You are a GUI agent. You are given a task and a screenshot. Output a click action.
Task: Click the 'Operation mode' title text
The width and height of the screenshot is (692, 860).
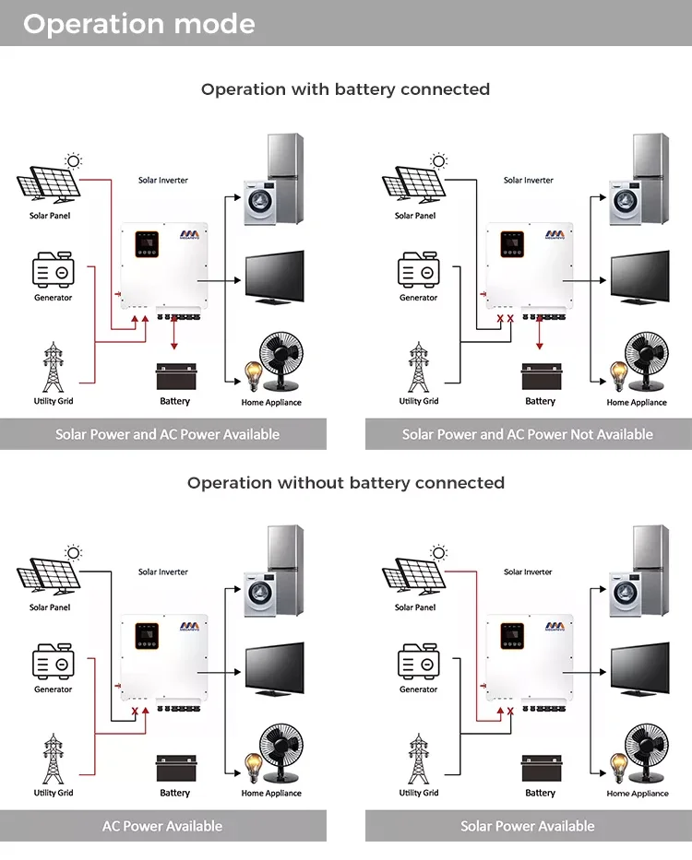[x=138, y=24]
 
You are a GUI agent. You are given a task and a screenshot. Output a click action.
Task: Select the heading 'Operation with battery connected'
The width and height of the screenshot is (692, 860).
[x=345, y=89]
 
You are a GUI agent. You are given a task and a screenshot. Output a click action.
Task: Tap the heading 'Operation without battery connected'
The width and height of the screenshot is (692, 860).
[x=345, y=483]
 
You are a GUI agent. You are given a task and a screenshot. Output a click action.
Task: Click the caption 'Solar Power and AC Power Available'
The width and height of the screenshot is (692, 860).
[x=167, y=434]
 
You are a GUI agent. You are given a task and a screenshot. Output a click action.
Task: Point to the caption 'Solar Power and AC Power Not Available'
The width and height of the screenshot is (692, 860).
[x=527, y=434]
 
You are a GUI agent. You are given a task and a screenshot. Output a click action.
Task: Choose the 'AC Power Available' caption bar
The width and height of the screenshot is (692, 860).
[x=162, y=826]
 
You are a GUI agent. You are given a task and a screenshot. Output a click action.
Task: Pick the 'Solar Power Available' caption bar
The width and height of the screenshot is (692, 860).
[x=527, y=826]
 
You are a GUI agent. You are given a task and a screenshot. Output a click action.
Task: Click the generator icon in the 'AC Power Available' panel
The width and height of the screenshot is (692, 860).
[x=53, y=664]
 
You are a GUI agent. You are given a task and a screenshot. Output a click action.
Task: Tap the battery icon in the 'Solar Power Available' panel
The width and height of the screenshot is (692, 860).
[x=540, y=769]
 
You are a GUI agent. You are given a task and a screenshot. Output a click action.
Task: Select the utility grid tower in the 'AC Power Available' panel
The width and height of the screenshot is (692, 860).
[x=53, y=759]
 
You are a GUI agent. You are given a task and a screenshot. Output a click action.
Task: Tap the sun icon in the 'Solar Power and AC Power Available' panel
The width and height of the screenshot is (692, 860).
[x=74, y=160]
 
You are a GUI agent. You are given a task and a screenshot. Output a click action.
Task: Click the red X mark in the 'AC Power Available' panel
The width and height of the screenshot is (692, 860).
[x=135, y=712]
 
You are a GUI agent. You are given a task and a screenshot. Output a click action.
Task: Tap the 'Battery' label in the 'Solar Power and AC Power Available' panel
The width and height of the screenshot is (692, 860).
[x=174, y=401]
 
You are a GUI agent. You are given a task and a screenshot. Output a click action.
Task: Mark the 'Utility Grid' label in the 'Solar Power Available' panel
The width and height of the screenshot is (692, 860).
[x=418, y=793]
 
